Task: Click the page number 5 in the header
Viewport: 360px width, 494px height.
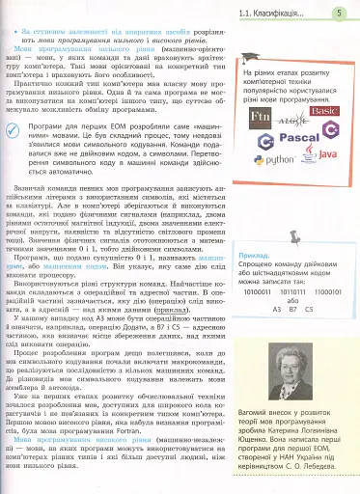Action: coord(341,13)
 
